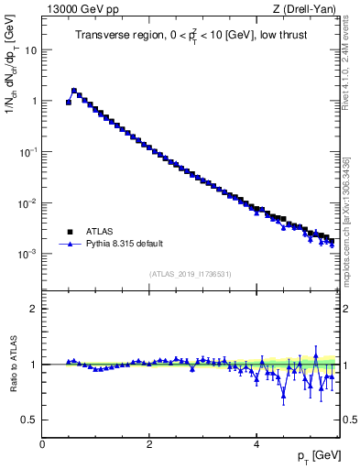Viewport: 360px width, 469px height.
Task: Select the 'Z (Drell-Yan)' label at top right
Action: pyautogui.click(x=310, y=10)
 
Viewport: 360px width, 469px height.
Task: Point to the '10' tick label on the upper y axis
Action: pyautogui.click(x=31, y=50)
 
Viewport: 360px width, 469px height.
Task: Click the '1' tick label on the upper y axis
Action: pyautogui.click(x=34, y=101)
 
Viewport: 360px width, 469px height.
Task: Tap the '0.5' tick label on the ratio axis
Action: pyautogui.click(x=31, y=420)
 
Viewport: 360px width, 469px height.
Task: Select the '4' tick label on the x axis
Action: pyautogui.click(x=257, y=444)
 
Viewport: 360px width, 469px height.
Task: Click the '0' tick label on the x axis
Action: pyautogui.click(x=42, y=444)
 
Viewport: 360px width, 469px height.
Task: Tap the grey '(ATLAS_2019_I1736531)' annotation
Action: pyautogui.click(x=191, y=274)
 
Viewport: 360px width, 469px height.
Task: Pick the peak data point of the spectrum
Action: pyautogui.click(x=74, y=91)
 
